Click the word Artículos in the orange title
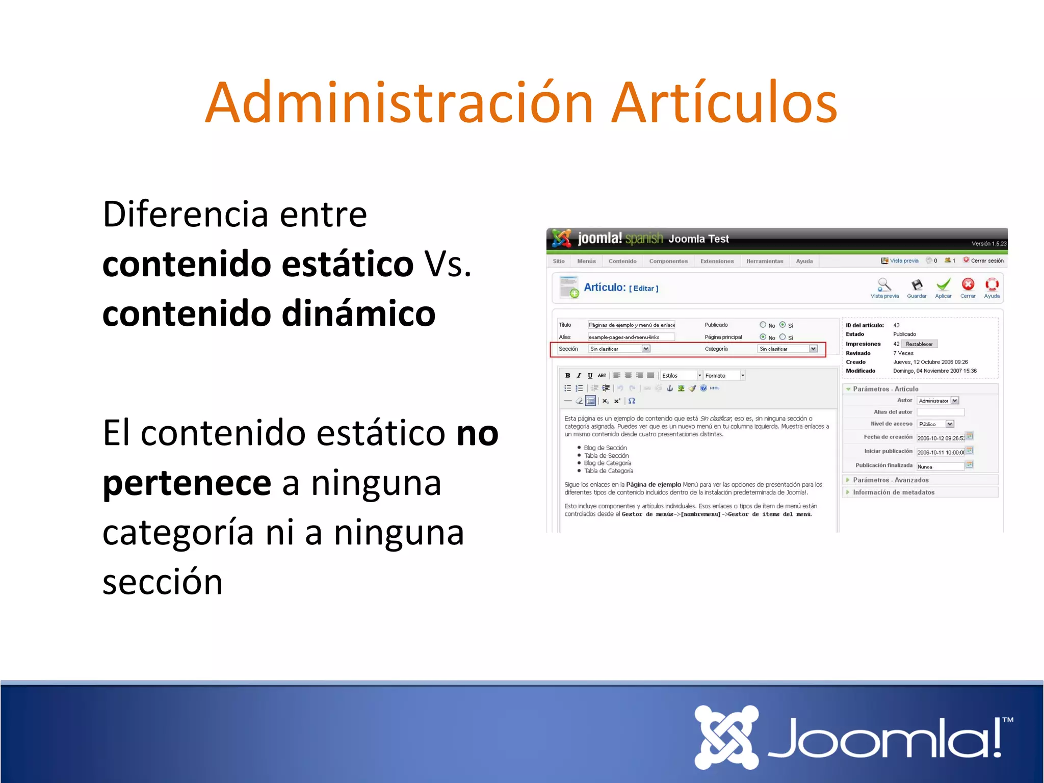(x=724, y=103)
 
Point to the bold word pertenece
(x=187, y=483)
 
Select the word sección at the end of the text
(x=163, y=582)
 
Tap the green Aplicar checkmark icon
(x=943, y=285)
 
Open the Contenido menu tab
(x=622, y=261)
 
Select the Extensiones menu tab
(x=717, y=261)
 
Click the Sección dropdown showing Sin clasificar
(x=619, y=349)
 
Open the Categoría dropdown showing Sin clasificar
(x=788, y=349)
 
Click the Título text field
(x=631, y=325)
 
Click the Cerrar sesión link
(x=986, y=260)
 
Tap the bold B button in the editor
(x=567, y=376)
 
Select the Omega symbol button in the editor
(x=632, y=401)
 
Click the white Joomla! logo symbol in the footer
(x=726, y=737)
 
